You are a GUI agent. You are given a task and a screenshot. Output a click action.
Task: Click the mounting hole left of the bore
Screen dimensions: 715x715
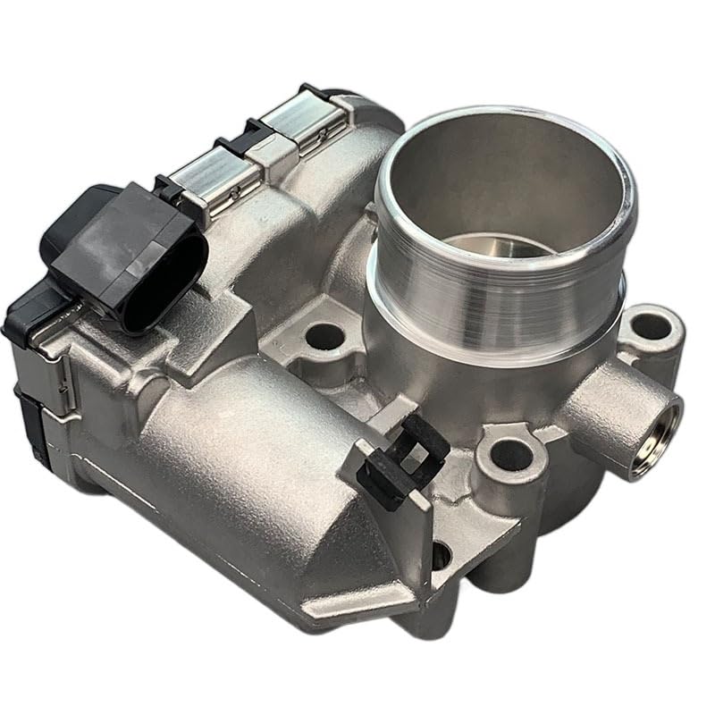pyautogui.click(x=324, y=337)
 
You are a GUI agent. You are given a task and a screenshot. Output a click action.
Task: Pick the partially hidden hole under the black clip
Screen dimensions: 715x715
pyautogui.click(x=441, y=554)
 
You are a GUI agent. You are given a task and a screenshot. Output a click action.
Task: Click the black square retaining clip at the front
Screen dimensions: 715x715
pyautogui.click(x=407, y=460)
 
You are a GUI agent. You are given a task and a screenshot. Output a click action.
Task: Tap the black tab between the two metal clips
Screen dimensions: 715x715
pyautogui.click(x=259, y=134)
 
